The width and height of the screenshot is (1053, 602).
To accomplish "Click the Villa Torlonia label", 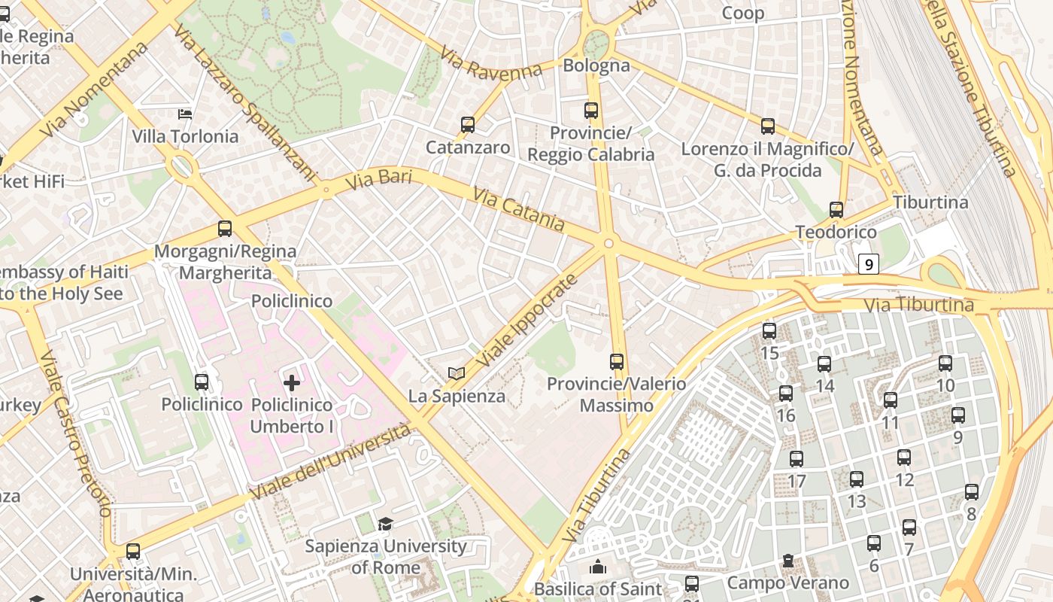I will coord(185,137).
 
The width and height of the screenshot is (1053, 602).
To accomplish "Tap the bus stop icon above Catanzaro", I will coord(468,125).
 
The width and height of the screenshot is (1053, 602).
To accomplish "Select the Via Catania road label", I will coord(519,209).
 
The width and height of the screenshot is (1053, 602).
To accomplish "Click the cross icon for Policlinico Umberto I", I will coord(292,383).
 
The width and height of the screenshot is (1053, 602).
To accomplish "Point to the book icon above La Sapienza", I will coord(457,373).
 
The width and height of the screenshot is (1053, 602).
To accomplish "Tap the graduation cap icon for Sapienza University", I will coord(385,524).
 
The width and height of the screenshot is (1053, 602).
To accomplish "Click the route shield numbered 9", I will coord(869,264).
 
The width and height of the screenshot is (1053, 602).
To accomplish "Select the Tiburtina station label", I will coord(930,202).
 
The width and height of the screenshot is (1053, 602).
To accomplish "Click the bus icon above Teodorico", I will coord(836,210).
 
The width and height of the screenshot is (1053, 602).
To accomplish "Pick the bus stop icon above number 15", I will coord(769,331).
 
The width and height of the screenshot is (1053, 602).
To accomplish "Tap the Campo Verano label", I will coord(787,582).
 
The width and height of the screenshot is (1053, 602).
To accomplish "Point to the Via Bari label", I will coord(379,181).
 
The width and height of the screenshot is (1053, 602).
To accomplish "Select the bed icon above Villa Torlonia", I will coord(185,114).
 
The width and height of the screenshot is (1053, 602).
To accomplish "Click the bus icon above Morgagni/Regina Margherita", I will coord(224,229).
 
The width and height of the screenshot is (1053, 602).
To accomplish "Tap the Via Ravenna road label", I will coord(490,64).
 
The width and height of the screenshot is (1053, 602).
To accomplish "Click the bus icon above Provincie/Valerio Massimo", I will coord(617,362).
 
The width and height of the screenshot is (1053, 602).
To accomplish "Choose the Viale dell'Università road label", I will coord(331,462).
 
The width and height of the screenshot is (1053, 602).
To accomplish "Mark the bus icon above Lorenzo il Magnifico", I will coord(767,126).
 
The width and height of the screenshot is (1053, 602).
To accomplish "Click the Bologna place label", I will coord(596,65).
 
